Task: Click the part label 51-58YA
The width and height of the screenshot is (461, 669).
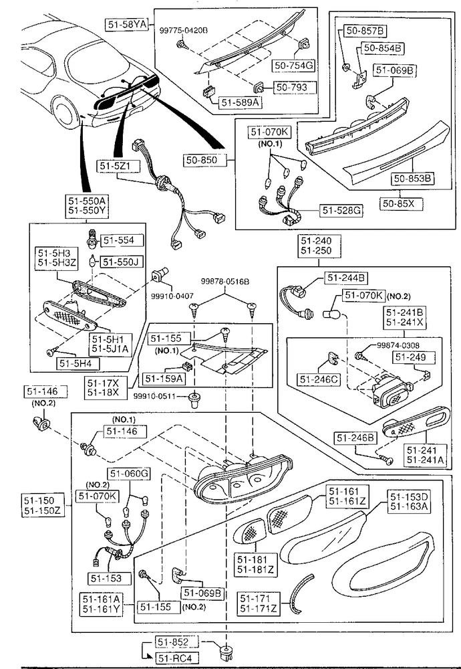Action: (x=127, y=23)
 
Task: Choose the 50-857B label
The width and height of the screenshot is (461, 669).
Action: (x=365, y=30)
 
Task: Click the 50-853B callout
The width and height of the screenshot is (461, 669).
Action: (x=412, y=179)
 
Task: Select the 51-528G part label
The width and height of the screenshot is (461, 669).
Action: (x=341, y=211)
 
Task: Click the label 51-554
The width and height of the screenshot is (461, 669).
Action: (x=122, y=240)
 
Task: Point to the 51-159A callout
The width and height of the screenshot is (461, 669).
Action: (x=163, y=378)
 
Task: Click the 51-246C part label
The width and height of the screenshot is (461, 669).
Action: (x=319, y=379)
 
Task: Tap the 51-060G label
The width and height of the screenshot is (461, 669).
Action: (x=129, y=474)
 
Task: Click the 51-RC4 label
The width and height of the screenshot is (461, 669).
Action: (x=178, y=658)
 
